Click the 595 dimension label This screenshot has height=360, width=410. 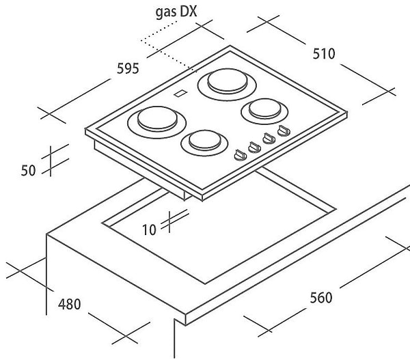(128, 68)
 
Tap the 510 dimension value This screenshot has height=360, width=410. (323, 53)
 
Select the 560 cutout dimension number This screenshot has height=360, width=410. (320, 298)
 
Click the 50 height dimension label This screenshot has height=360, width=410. (28, 171)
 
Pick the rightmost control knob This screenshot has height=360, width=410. (282, 133)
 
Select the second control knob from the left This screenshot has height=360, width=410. (253, 146)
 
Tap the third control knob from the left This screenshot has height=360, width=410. (267, 139)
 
